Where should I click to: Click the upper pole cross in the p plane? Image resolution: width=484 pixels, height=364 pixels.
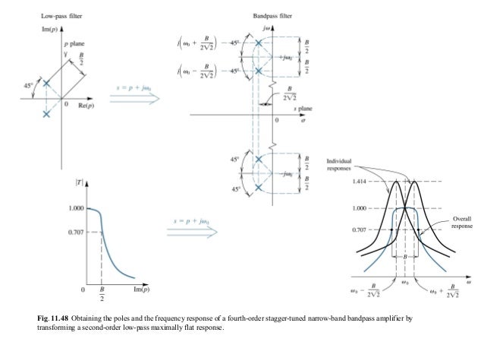click(x=47, y=83)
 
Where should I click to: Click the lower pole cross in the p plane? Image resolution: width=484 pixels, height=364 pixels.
click(x=47, y=114)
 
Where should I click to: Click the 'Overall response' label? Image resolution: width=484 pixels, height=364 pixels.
click(x=462, y=222)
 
